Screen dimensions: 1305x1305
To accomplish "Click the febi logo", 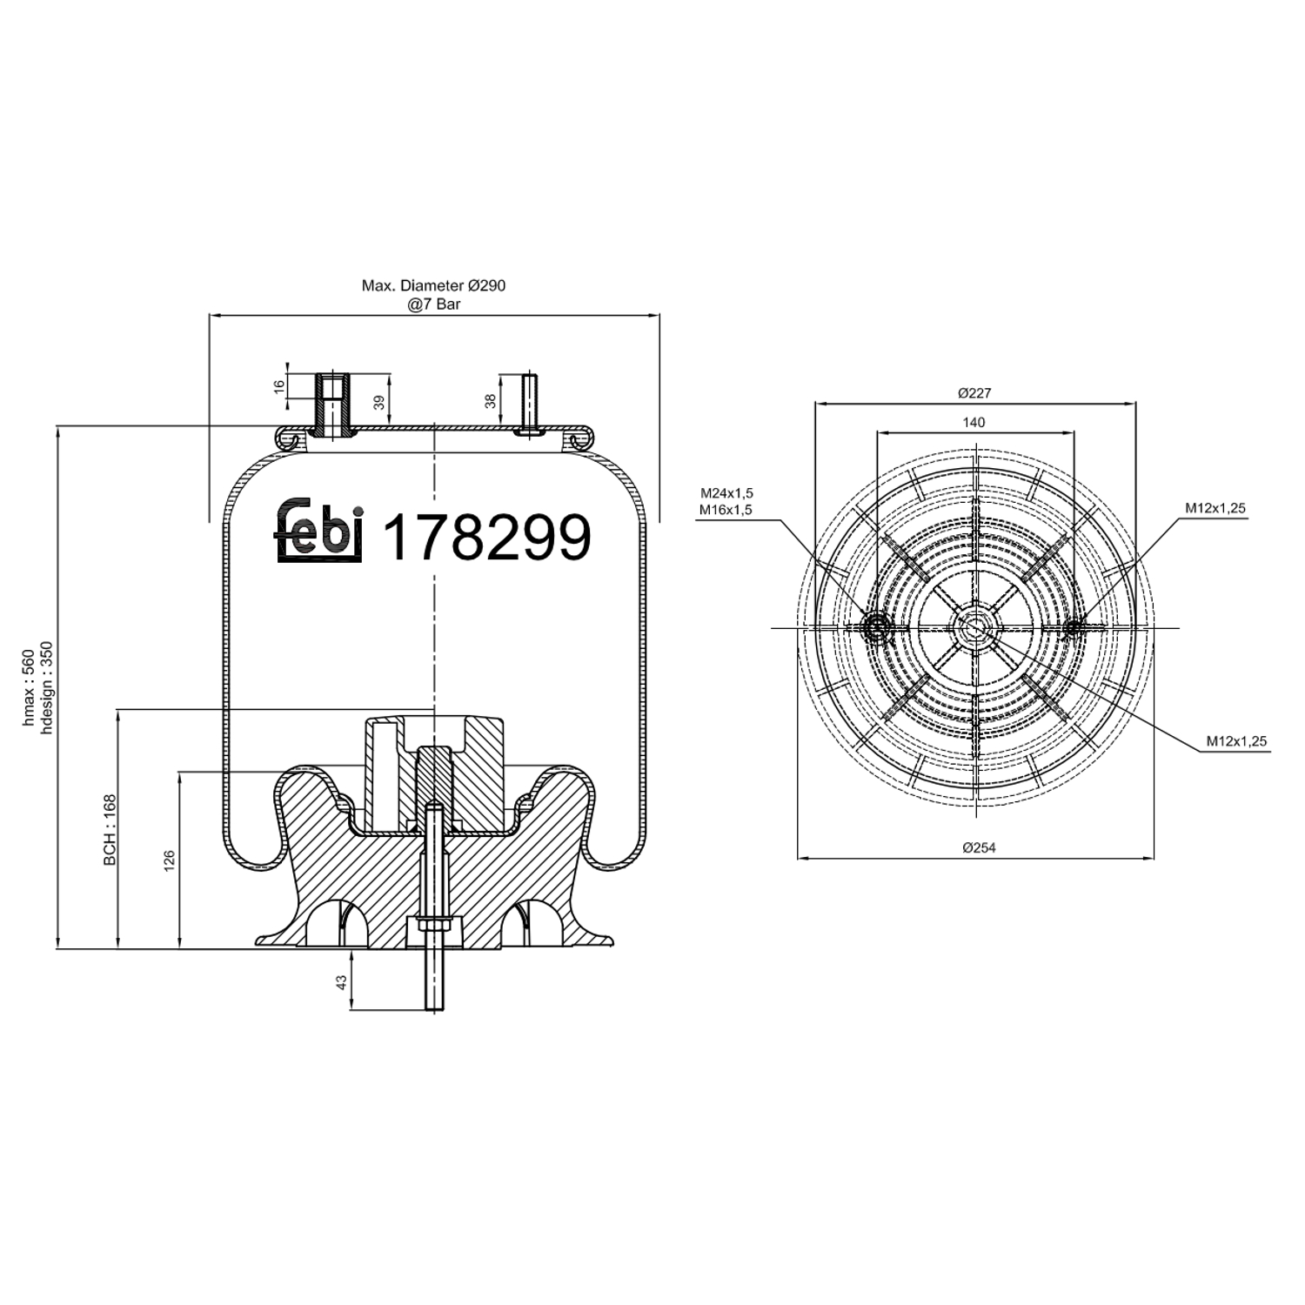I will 318,531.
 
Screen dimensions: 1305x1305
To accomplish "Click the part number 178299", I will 486,538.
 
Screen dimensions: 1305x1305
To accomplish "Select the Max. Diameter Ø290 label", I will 433,285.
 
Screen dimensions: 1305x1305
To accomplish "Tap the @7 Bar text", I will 433,304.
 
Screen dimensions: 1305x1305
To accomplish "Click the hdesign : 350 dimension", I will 47,687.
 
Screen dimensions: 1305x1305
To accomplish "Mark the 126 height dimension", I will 170,860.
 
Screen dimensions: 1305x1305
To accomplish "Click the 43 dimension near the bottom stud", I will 342,980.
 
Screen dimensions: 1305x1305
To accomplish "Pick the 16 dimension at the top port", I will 279,386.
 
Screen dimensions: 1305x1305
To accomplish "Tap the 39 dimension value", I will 378,402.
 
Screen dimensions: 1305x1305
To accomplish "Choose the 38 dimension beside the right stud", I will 491,401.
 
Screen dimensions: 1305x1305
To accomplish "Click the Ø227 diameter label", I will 974,393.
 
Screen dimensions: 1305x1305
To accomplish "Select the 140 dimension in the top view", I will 974,423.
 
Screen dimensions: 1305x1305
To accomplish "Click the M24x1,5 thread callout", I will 726,493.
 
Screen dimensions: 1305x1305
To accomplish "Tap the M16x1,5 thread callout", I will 726,510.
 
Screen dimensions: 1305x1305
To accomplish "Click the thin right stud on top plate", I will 529,400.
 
